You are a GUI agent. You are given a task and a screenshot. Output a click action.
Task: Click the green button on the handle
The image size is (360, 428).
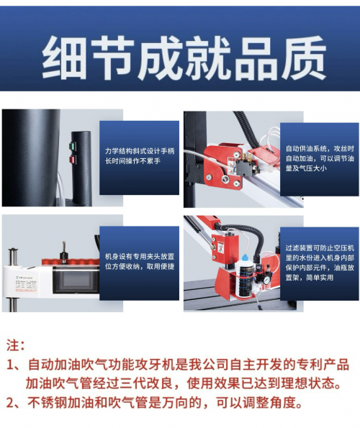[73, 146]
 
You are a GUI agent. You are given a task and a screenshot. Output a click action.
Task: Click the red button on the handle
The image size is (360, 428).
[73, 160]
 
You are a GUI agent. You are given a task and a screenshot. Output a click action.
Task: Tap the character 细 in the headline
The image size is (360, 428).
[64, 58]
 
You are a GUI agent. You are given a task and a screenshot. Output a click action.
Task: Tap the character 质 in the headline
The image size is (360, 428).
[304, 58]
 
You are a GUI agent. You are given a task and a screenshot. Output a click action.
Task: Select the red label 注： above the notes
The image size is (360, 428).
[16, 345]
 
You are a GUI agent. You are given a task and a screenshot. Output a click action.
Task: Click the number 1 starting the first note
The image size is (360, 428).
[10, 365]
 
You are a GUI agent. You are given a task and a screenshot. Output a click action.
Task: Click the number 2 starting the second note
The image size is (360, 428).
[10, 403]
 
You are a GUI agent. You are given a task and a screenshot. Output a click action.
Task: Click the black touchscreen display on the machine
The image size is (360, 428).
[76, 280]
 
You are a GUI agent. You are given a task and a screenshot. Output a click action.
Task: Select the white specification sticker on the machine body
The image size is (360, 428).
[27, 284]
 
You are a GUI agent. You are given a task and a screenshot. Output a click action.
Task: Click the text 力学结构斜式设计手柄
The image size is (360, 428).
[140, 151]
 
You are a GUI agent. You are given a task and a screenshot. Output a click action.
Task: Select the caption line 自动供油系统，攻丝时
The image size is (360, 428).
[320, 149]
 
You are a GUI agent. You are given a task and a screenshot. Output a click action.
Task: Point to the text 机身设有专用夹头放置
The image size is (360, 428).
[140, 257]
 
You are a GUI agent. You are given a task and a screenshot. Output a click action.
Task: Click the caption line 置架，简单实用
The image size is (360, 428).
[310, 278]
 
